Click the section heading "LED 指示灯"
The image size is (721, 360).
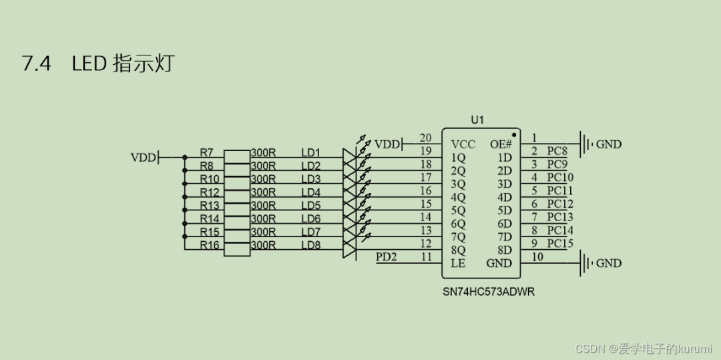[123, 64]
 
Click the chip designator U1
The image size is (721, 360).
[477, 120]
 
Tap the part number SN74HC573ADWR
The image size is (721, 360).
[489, 292]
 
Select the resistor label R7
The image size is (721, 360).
[206, 153]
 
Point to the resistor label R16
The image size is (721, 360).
[209, 245]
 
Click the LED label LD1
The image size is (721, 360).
[310, 153]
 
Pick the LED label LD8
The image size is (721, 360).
[310, 245]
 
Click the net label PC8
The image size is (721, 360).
[557, 151]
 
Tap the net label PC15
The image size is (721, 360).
[560, 244]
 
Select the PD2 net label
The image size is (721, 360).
[386, 257]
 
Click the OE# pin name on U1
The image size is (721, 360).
[501, 144]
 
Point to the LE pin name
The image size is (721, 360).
[458, 263]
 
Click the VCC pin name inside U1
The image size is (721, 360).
[463, 144]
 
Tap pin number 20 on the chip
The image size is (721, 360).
[425, 138]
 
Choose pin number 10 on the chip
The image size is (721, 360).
[537, 257]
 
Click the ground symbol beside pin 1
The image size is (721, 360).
[587, 144]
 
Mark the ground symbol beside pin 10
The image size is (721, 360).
[587, 263]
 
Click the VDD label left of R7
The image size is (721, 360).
[143, 158]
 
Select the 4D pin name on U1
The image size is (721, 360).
[504, 197]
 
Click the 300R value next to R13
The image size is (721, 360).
[263, 206]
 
